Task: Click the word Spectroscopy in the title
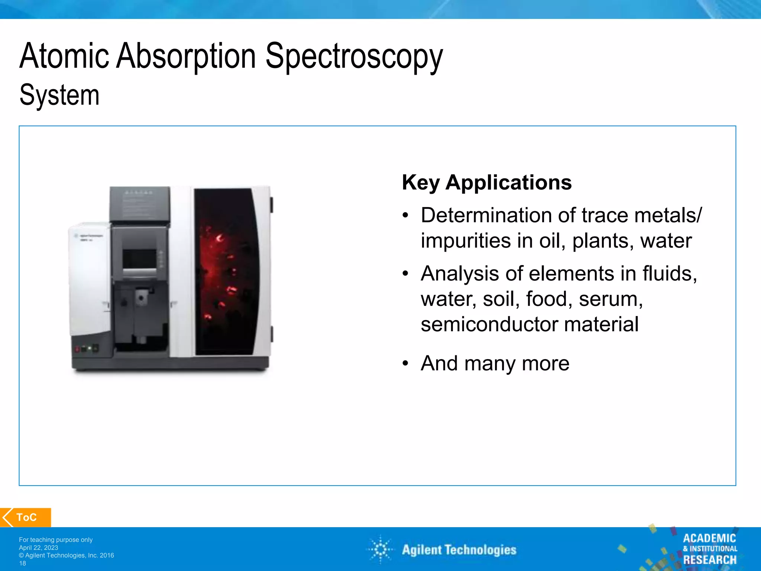[x=354, y=57]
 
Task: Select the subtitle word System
[x=59, y=95]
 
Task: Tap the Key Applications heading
[x=486, y=183]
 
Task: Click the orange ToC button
[x=26, y=517]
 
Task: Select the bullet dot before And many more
[x=405, y=364]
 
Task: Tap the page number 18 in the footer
[x=23, y=563]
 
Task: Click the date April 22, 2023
[x=39, y=548]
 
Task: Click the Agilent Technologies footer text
[x=459, y=550]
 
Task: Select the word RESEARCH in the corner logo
[x=709, y=559]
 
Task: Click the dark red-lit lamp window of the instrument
[x=225, y=271]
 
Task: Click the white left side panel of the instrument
[x=89, y=279]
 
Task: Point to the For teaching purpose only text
[x=56, y=540]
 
